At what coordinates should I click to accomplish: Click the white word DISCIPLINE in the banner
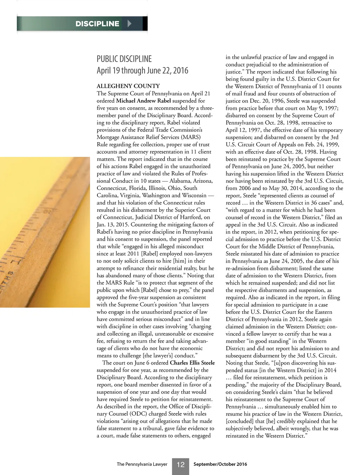(97, 24)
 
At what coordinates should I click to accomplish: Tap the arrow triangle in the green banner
(129, 24)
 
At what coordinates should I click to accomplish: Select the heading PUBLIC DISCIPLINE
(124, 59)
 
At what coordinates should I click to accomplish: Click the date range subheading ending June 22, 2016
(142, 70)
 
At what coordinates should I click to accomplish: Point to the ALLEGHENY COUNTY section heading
(128, 86)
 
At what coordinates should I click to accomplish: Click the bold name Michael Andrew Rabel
(143, 101)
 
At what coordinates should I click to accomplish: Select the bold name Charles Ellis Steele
(192, 363)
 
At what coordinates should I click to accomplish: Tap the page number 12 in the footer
(180, 465)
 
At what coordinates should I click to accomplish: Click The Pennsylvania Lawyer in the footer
(142, 464)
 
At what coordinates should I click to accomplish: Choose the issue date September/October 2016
(220, 464)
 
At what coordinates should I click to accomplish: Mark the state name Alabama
(180, 181)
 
